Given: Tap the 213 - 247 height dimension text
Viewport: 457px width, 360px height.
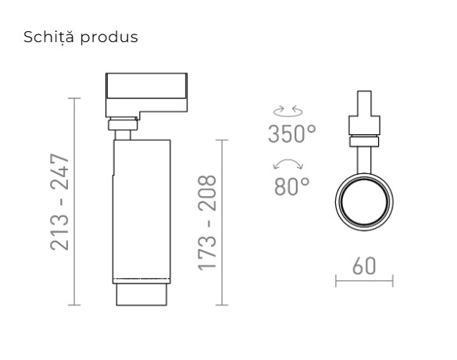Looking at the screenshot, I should [61, 202].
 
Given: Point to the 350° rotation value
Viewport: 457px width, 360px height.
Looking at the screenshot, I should [292, 134].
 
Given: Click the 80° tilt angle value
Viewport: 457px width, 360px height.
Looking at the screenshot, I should [292, 186].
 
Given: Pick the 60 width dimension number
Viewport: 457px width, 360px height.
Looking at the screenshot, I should [363, 265].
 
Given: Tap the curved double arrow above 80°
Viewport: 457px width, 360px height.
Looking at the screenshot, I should [288, 164].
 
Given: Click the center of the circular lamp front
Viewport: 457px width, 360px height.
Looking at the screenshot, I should [363, 205].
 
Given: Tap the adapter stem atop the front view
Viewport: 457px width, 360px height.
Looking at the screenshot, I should [363, 106].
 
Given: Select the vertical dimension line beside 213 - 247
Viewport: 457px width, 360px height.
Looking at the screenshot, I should [74, 201].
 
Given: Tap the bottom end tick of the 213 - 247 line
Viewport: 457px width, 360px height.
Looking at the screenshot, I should [74, 305].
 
